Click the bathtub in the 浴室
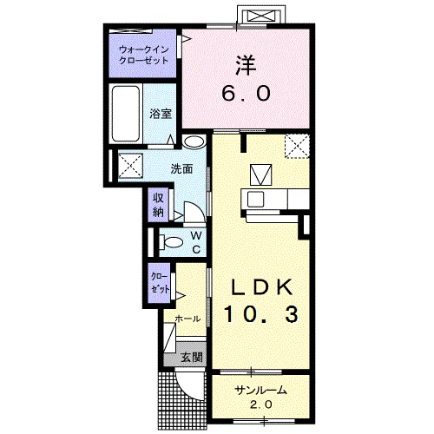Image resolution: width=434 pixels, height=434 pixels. pyautogui.click(x=126, y=114)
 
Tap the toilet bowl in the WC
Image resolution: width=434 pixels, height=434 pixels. pyautogui.click(x=171, y=242)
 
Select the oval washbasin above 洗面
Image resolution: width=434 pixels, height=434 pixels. pyautogui.click(x=194, y=141)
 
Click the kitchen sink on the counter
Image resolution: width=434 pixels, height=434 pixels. pyautogui.click(x=254, y=200)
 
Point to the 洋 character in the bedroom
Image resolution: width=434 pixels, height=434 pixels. pyautogui.click(x=247, y=66)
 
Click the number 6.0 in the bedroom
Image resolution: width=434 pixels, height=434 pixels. pyautogui.click(x=247, y=94)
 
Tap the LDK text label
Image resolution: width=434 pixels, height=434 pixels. pyautogui.click(x=260, y=287)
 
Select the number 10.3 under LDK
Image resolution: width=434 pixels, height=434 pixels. pyautogui.click(x=260, y=315)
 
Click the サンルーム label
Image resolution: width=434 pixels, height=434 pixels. pyautogui.click(x=261, y=391)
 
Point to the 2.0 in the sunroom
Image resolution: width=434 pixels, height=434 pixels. pyautogui.click(x=261, y=404)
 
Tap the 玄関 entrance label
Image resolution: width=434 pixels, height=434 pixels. pyautogui.click(x=191, y=358)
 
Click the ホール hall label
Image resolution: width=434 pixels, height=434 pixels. pyautogui.click(x=187, y=319)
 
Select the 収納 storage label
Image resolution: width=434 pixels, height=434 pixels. pyautogui.click(x=158, y=205)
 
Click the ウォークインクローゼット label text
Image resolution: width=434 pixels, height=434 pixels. pyautogui.click(x=144, y=55)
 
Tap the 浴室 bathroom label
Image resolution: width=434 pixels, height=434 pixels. pyautogui.click(x=161, y=114)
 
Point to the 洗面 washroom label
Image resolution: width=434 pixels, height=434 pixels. pyautogui.click(x=181, y=169)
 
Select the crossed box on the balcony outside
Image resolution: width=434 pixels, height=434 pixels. pyautogui.click(x=262, y=16)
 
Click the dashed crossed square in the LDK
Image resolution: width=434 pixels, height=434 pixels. pyautogui.click(x=297, y=146)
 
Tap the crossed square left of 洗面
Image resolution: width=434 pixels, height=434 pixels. pyautogui.click(x=130, y=167)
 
